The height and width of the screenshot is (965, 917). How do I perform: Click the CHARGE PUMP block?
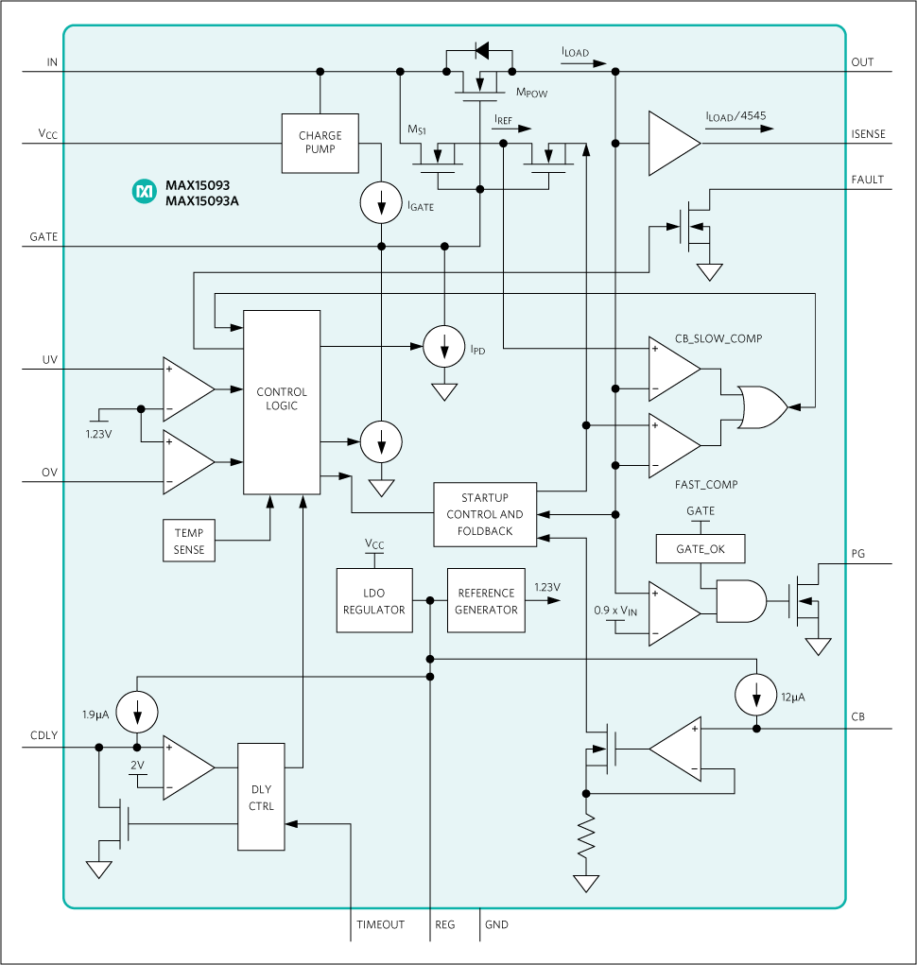pyautogui.click(x=320, y=143)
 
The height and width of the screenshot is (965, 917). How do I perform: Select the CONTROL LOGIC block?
pyautogui.click(x=282, y=401)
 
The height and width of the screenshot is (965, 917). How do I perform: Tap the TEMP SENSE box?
pyautogui.click(x=189, y=542)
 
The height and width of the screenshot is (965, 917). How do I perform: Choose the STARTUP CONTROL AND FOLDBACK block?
pyautogui.click(x=485, y=514)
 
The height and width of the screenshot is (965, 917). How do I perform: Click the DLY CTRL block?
pyautogui.click(x=261, y=797)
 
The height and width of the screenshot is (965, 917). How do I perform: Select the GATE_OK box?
pyautogui.click(x=701, y=548)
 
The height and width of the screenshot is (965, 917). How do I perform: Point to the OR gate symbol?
pyautogui.click(x=762, y=407)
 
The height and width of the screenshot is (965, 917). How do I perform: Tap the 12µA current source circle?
pyautogui.click(x=755, y=696)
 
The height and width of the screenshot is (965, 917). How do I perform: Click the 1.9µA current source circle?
pyautogui.click(x=138, y=713)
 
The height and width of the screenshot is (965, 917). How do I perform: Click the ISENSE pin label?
pyautogui.click(x=868, y=134)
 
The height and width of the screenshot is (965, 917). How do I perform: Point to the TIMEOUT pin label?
pyautogui.click(x=380, y=924)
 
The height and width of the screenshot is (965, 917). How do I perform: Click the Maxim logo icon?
pyautogui.click(x=144, y=192)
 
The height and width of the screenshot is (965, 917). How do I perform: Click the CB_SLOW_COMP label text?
pyautogui.click(x=718, y=337)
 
